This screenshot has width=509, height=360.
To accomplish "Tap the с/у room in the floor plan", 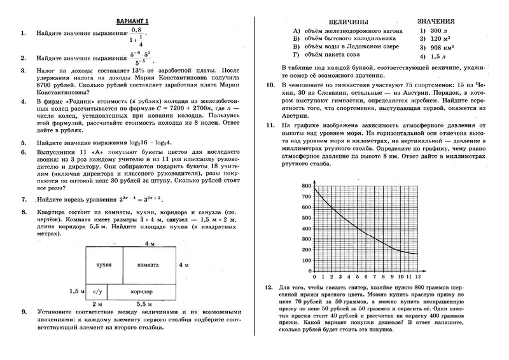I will (x=97, y=291).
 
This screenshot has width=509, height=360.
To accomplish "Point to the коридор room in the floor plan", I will (x=141, y=291).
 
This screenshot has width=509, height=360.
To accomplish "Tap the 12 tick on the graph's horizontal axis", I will (x=417, y=278).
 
